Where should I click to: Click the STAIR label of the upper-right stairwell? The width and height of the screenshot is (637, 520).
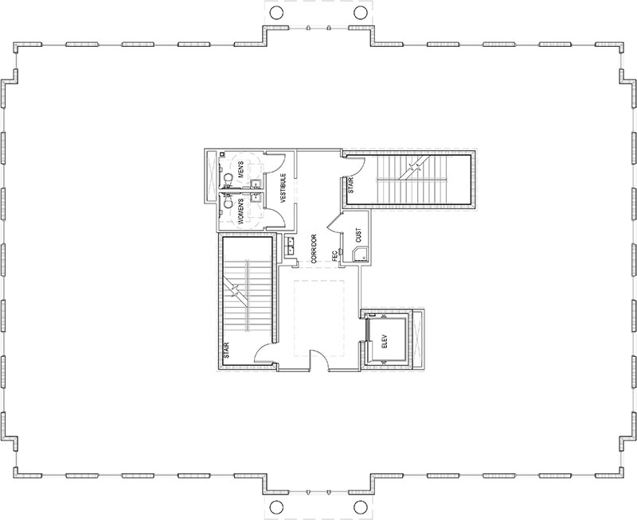point(350,186)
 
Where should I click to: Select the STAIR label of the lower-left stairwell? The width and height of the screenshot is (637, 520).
point(227,351)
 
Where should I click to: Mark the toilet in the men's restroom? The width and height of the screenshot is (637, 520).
point(227,177)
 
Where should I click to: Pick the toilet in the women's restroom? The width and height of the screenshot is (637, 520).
point(229,202)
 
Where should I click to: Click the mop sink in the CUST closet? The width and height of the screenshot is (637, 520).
point(361,254)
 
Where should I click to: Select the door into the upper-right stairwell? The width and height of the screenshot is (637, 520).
point(354,167)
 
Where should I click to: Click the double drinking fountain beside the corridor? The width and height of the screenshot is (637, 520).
point(292,248)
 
